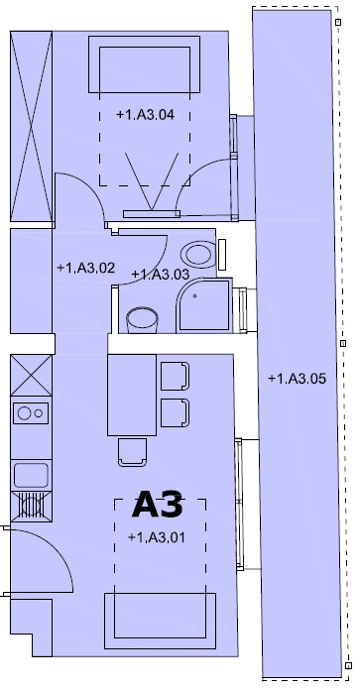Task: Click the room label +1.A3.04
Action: (145, 115)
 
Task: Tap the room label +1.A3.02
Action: (86, 268)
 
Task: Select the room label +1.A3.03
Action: (161, 274)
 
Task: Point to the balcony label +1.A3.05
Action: (297, 379)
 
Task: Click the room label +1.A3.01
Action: (156, 537)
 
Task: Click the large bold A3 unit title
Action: (158, 505)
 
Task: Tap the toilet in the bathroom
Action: (198, 254)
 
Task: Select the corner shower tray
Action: (203, 305)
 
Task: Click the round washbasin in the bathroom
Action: (142, 319)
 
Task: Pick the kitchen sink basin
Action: (31, 475)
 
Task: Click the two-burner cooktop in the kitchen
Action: (31, 413)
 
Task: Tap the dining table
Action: (132, 395)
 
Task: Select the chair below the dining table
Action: (132, 453)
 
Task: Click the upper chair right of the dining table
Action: (175, 377)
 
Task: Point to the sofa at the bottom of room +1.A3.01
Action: (160, 621)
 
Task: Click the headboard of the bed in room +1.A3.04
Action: (145, 64)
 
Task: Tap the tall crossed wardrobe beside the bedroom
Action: (32, 126)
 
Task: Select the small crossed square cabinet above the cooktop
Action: (32, 376)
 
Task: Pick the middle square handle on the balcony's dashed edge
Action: (343, 343)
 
